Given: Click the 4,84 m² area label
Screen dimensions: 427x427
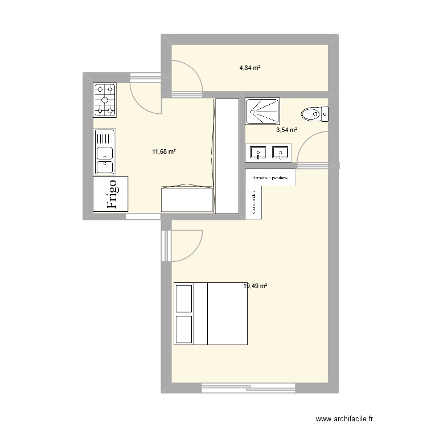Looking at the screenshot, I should [x=250, y=68].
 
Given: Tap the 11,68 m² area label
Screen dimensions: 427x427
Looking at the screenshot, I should [x=164, y=151].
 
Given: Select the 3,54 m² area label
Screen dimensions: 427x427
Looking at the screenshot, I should [x=286, y=130].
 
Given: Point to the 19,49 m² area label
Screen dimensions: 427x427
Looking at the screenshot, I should [x=255, y=286].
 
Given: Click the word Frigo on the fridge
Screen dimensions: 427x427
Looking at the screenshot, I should [x=112, y=194].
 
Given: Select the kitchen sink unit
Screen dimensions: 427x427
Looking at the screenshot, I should [x=105, y=152].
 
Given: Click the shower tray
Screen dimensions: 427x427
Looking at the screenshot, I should [x=262, y=111].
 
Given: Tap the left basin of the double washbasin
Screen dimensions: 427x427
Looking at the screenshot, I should [x=258, y=153].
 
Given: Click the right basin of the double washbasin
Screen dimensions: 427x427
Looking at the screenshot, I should [x=280, y=153].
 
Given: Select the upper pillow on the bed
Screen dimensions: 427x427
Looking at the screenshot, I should [x=184, y=299].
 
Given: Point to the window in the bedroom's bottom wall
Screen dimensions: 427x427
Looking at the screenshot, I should [x=248, y=388].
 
